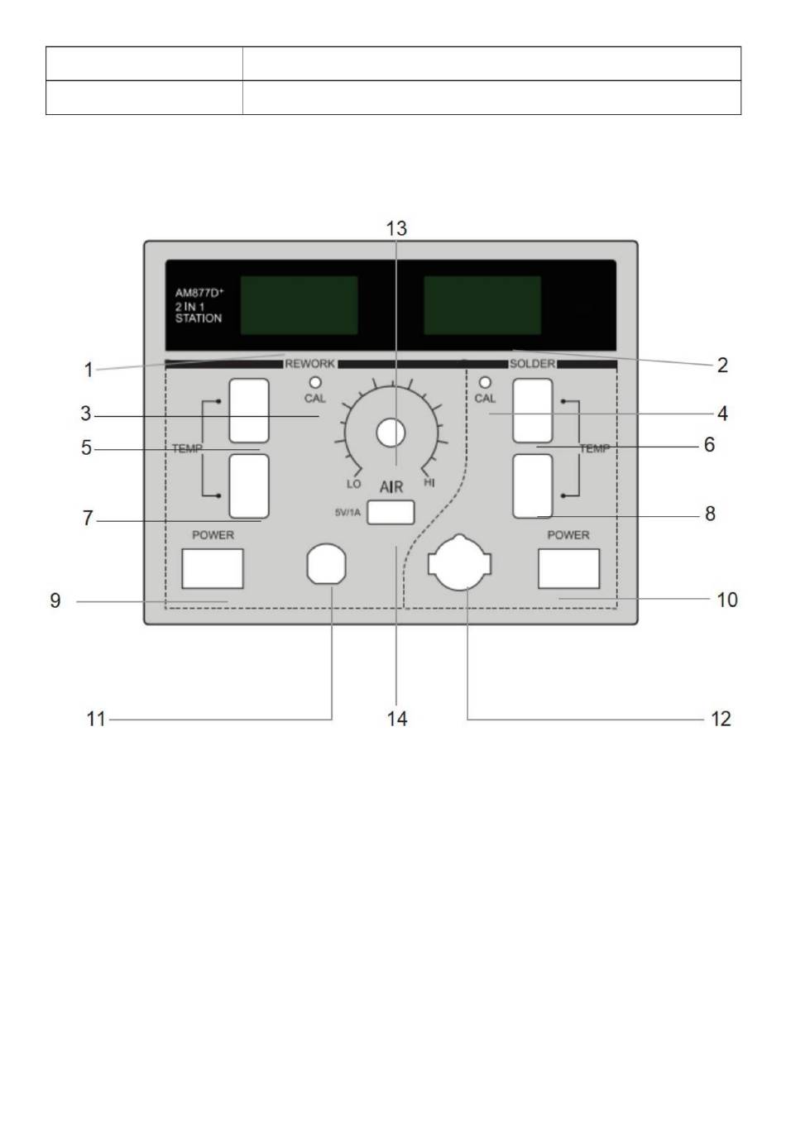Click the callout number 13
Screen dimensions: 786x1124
(x=396, y=229)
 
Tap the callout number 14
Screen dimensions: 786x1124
(x=396, y=719)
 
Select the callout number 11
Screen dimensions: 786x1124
(x=96, y=719)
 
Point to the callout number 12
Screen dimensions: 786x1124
(x=721, y=719)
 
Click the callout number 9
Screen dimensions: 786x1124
(x=55, y=600)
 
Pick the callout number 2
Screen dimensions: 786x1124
(x=722, y=365)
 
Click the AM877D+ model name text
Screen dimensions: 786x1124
(x=199, y=293)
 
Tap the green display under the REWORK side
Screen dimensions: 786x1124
(x=300, y=305)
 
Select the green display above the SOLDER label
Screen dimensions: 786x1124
(x=482, y=305)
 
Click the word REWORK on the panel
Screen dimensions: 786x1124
(x=309, y=364)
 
